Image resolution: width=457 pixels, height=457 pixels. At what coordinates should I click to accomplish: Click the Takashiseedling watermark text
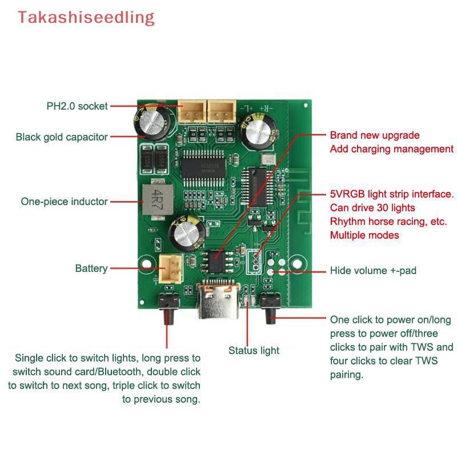(x=86, y=18)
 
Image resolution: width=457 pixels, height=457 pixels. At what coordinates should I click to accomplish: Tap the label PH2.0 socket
(x=77, y=106)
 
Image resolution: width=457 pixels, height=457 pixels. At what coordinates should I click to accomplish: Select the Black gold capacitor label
(x=62, y=137)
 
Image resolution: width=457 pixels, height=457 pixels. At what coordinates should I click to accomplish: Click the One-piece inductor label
(x=64, y=202)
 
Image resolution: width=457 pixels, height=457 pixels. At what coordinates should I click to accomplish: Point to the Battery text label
(x=91, y=268)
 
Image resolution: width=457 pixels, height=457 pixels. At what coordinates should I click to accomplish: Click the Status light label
(x=254, y=350)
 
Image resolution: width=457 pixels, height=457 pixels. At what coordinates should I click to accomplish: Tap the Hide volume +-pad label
(x=373, y=270)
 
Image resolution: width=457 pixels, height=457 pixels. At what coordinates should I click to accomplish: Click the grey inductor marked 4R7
(x=158, y=199)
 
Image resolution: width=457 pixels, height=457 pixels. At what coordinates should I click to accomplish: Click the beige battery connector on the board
(x=171, y=268)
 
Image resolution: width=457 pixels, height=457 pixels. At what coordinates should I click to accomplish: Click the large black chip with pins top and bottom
(x=203, y=169)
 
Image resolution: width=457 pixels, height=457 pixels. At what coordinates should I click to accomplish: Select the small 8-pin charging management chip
(x=217, y=262)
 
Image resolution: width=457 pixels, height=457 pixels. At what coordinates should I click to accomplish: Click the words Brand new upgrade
(x=375, y=135)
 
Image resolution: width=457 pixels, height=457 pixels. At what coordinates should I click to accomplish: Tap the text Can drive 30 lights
(x=372, y=208)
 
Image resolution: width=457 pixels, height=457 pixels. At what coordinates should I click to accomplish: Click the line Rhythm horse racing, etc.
(x=388, y=222)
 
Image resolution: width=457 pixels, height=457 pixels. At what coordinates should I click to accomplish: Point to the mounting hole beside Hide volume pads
(x=297, y=264)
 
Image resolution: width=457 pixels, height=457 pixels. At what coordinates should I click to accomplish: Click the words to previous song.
(x=161, y=399)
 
